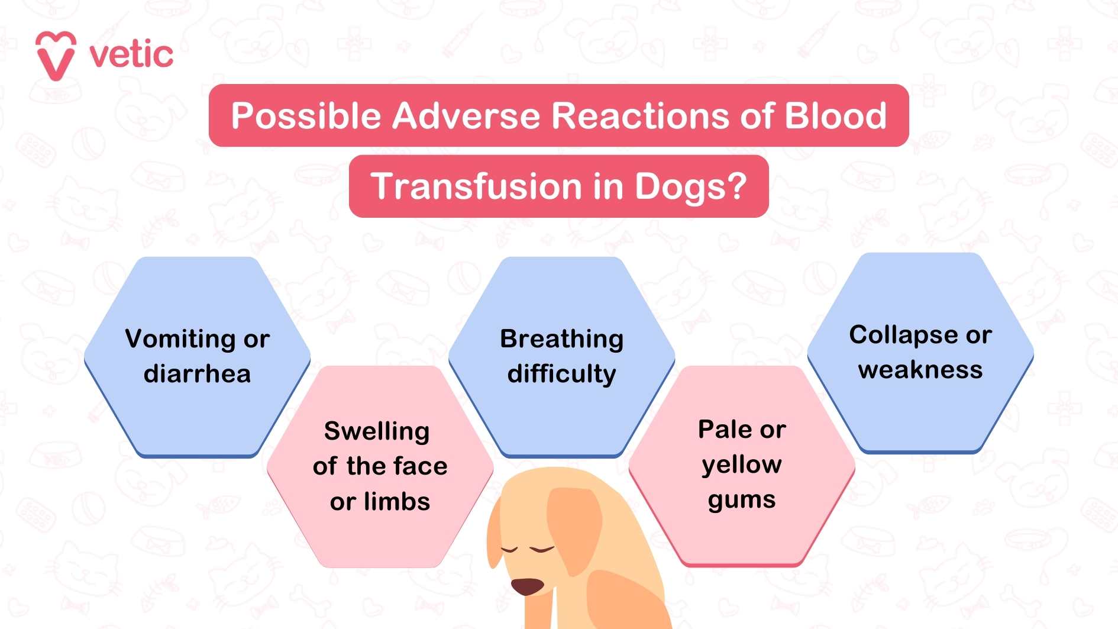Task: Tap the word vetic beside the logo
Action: (x=131, y=55)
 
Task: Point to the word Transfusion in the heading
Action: (x=476, y=186)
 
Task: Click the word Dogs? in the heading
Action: (x=690, y=187)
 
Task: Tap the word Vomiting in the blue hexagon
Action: (x=180, y=339)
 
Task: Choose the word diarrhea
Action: (x=197, y=374)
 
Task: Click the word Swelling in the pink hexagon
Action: (x=377, y=431)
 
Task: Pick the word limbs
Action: (x=397, y=502)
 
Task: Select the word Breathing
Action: (x=561, y=339)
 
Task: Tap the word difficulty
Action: (x=561, y=374)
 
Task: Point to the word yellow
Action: (x=742, y=465)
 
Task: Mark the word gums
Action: (x=742, y=501)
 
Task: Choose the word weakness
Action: (x=920, y=370)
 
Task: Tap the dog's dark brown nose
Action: (x=526, y=586)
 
